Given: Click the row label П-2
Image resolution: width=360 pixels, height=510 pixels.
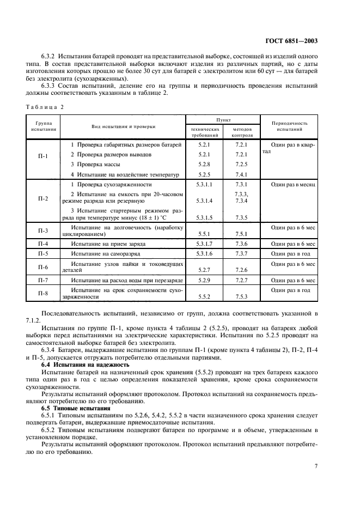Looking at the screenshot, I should tap(44, 199).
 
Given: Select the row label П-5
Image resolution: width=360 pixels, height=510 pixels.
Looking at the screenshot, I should tap(44, 253).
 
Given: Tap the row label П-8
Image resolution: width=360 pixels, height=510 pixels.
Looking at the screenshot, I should tap(44, 293).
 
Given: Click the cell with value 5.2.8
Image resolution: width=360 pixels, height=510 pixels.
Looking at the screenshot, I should tap(204, 164).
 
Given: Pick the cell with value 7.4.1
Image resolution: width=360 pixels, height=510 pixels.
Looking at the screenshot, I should tap(241, 174).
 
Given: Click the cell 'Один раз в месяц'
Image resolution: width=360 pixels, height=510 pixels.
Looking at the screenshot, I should tap(293, 185).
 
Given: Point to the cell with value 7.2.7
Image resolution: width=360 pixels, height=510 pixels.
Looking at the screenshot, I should tap(241, 280).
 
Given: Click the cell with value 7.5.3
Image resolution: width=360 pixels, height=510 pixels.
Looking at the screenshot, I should tap(241, 297).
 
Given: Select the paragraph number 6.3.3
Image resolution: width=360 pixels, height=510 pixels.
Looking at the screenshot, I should tap(50, 86).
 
